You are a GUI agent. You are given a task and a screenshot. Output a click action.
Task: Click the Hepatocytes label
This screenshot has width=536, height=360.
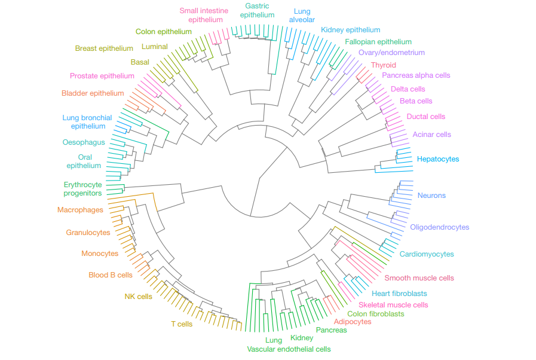tap(438, 159)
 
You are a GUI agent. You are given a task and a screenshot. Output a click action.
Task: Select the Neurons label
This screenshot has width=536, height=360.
tap(431, 196)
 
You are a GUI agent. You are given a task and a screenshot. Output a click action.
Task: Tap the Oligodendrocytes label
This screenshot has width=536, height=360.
tap(440, 227)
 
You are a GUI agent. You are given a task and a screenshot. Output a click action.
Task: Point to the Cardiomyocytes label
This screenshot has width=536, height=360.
tap(427, 254)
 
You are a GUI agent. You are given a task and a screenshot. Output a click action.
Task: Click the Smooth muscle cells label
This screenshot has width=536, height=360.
tap(419, 278)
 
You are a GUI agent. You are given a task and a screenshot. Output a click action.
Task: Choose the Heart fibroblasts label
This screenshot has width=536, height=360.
tap(399, 293)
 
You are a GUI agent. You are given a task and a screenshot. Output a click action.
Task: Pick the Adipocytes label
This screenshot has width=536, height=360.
tap(353, 322)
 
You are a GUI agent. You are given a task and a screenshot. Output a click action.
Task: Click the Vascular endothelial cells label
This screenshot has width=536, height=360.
tap(289, 349)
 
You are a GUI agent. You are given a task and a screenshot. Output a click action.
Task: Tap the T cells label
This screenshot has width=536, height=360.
tap(182, 324)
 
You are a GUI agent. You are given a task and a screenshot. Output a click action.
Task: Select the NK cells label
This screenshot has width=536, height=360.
tap(139, 297)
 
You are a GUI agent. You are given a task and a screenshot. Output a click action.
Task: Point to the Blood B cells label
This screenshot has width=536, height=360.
tap(111, 275)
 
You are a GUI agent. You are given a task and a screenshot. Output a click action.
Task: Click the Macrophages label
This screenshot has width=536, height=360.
tap(80, 210)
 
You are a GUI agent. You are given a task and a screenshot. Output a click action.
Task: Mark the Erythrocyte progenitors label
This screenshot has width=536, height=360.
tap(82, 189)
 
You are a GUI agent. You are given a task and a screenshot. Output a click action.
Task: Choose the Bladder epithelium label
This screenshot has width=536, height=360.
tap(93, 93)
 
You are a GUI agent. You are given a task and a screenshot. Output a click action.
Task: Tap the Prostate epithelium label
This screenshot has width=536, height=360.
tap(102, 75)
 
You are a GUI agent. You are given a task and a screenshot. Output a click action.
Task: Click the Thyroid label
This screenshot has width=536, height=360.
tap(384, 65)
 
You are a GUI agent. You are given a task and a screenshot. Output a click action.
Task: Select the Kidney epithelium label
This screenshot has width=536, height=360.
tap(350, 30)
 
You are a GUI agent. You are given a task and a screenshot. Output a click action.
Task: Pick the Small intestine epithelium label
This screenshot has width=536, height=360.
tap(204, 15)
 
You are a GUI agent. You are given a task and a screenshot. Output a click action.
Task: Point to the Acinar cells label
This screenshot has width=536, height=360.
tap(432, 135)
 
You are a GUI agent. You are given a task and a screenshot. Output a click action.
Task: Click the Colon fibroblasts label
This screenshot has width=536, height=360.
tap(376, 314)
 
